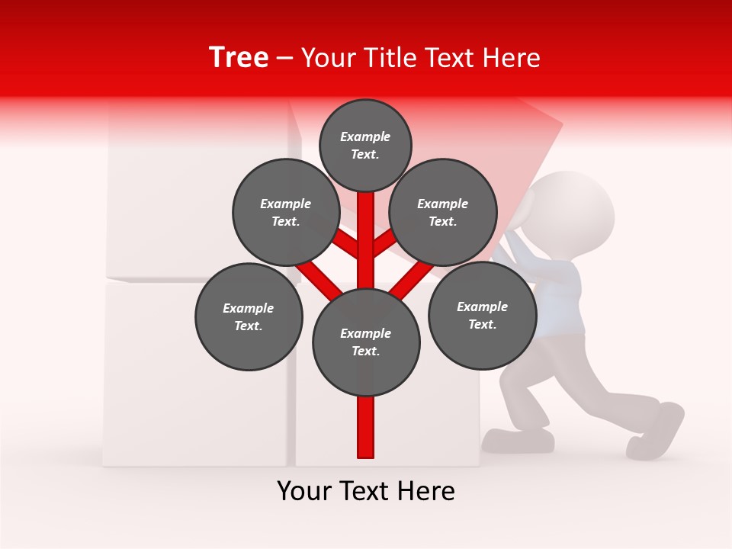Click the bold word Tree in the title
point(238,57)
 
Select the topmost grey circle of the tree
point(365,145)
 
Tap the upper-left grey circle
point(285,212)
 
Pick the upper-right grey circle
point(443,212)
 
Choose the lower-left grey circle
point(249,316)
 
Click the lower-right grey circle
point(482,314)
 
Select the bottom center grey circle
point(366,342)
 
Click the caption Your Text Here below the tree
point(366,491)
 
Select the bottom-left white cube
point(194,374)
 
